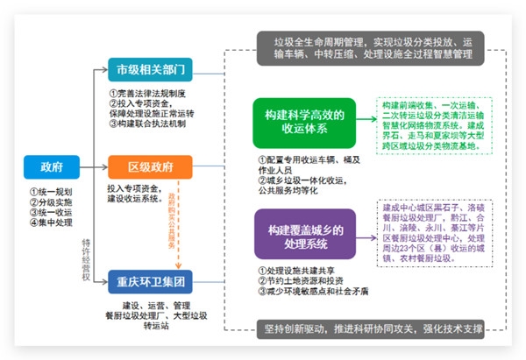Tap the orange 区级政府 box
point(150,166)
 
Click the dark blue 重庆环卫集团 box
point(150,282)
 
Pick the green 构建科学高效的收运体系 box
point(302,121)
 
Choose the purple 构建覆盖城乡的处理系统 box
point(302,236)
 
